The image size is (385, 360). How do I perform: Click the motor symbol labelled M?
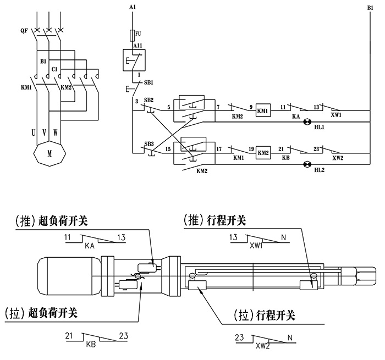[49, 154]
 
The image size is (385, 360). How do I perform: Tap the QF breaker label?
[24, 31]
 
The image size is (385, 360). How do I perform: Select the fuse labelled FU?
[131, 36]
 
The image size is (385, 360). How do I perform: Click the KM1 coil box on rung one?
[262, 110]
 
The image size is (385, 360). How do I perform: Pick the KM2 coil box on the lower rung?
[263, 152]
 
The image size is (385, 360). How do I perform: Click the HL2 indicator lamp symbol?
[308, 163]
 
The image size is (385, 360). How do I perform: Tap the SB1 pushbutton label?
[148, 82]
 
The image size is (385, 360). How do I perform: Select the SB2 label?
[148, 101]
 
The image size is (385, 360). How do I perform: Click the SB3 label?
[148, 144]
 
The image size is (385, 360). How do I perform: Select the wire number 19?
[251, 148]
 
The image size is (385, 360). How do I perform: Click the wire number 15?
[168, 148]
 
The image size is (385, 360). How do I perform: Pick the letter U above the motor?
[34, 132]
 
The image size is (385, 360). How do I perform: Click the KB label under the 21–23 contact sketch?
[91, 344]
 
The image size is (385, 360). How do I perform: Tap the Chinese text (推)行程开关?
[215, 220]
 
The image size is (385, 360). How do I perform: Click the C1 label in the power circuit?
[54, 69]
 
